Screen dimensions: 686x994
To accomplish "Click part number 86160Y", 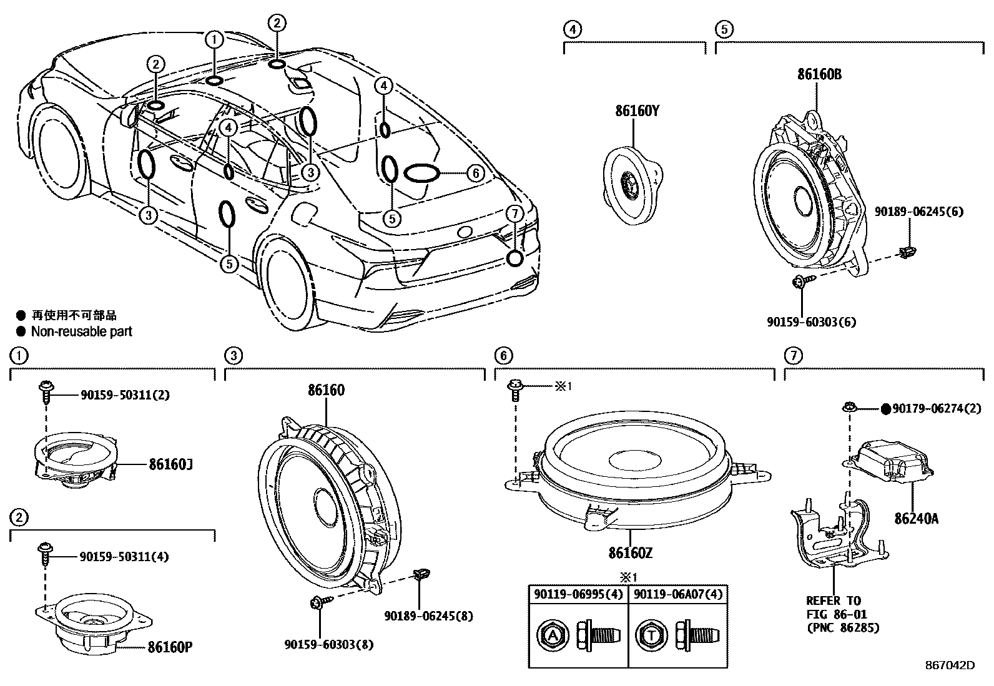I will tap(637, 111).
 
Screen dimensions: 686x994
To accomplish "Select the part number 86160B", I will tap(819, 74).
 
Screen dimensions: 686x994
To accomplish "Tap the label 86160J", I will tap(170, 465).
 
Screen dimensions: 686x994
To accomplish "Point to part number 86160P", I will tap(170, 647).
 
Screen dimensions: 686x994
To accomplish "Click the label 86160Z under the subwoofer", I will tap(631, 553).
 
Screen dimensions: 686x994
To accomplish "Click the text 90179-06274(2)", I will tap(937, 409).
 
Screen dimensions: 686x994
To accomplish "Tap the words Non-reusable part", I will tap(82, 331).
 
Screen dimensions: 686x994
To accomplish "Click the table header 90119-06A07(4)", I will tap(677, 594).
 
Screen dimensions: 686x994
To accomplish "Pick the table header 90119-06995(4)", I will tap(578, 594).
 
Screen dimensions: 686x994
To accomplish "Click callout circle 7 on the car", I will tap(514, 213).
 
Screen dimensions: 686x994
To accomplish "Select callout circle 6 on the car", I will tap(476, 173).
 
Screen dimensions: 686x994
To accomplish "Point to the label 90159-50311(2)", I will tap(125, 394).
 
